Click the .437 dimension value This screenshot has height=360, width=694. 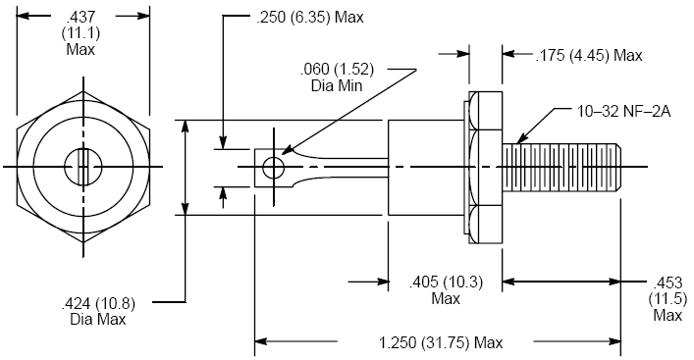tap(81, 18)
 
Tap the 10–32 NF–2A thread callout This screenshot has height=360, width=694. tap(623, 112)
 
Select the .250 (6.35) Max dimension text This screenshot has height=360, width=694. tap(310, 18)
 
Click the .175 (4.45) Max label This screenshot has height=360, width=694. tap(589, 55)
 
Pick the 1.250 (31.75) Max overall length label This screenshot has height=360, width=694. tap(441, 342)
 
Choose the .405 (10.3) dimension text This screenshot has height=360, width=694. tap(446, 282)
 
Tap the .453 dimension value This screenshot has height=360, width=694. tap(667, 283)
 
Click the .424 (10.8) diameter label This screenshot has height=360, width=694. tap(98, 303)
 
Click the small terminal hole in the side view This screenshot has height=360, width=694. tap(274, 168)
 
